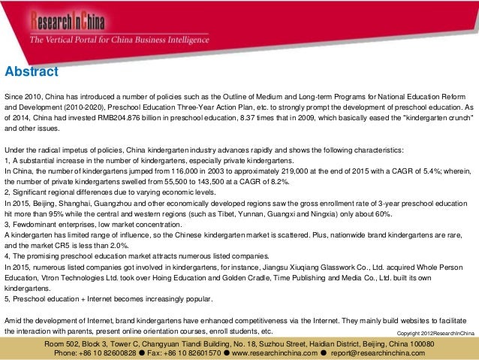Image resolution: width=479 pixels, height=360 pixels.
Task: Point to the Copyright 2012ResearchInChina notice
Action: tap(435, 331)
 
